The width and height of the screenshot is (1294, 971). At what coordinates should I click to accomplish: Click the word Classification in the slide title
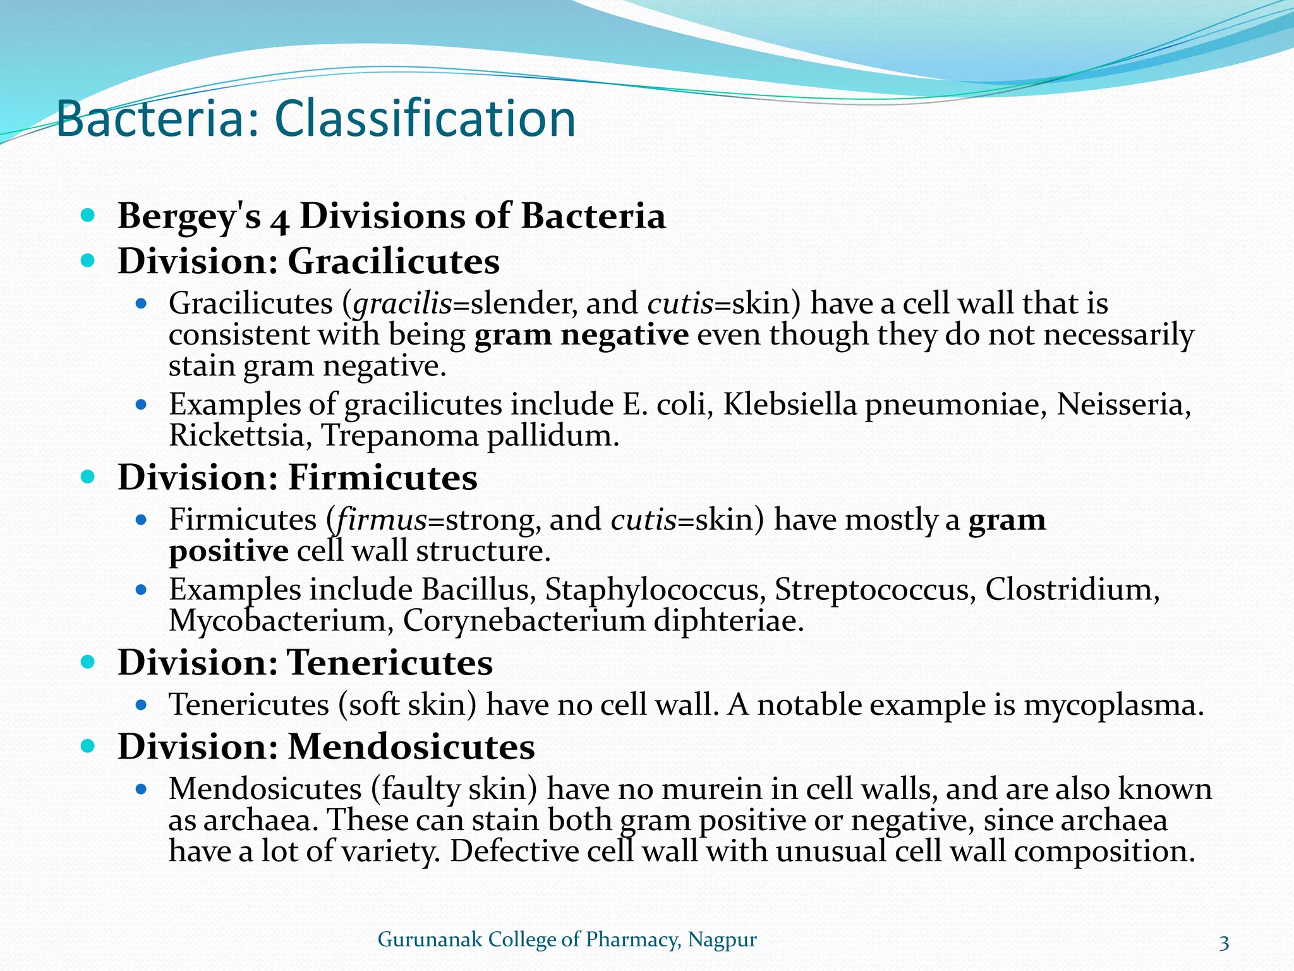click(x=425, y=119)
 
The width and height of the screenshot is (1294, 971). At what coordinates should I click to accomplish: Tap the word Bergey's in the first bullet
click(x=189, y=216)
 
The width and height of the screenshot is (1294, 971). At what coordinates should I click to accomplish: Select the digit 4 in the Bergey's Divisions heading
click(x=280, y=219)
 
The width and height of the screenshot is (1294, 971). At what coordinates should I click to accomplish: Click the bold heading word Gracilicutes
click(x=394, y=261)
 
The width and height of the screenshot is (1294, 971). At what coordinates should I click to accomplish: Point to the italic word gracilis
click(x=402, y=304)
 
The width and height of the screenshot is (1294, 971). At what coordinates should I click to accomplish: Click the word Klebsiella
click(x=789, y=404)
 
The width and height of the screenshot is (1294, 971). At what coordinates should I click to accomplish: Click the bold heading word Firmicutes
click(x=382, y=477)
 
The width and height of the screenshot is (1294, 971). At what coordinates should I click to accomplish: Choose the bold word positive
click(x=229, y=551)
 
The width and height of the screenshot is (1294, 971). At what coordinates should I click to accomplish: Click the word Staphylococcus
click(x=651, y=590)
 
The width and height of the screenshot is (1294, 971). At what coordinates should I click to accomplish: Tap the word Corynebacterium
click(x=524, y=621)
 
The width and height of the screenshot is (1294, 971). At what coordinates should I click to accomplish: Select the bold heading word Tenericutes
click(x=390, y=663)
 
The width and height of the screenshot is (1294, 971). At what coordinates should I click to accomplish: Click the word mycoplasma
click(x=1113, y=705)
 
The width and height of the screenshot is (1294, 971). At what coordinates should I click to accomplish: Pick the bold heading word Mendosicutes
click(x=411, y=747)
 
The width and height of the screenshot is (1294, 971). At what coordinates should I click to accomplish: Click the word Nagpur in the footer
click(x=722, y=939)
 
